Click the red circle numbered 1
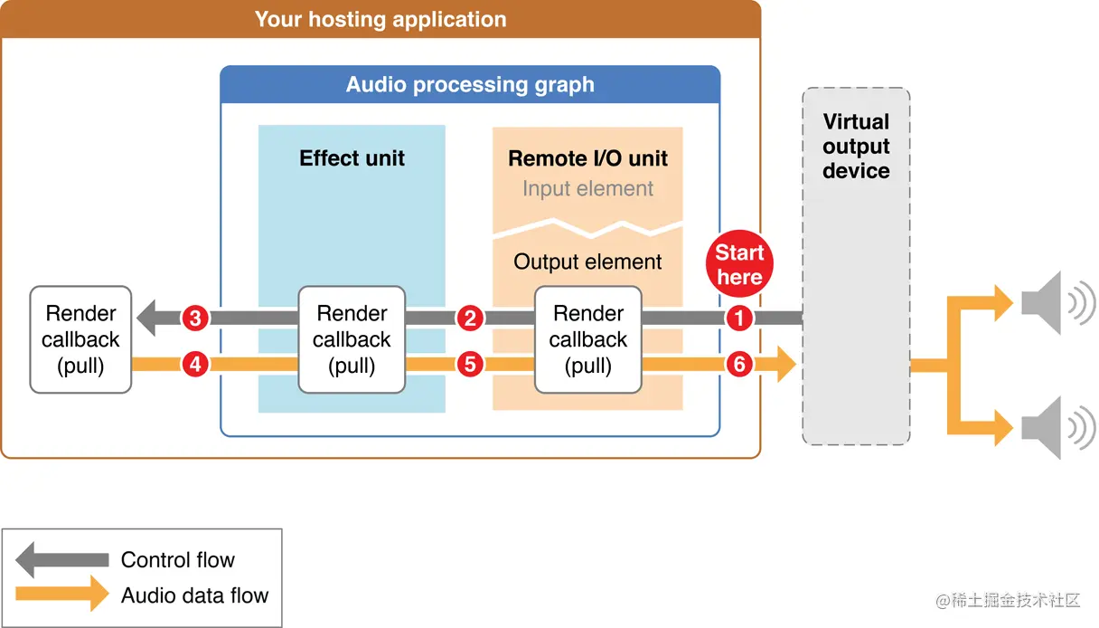[x=739, y=319]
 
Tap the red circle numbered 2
[x=469, y=319]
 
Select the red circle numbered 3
[x=195, y=319]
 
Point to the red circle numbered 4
[x=195, y=365]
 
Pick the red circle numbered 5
[x=469, y=365]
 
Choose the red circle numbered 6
[x=739, y=365]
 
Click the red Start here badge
[x=739, y=264]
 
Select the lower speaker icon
[x=1056, y=423]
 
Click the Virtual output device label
[x=856, y=147]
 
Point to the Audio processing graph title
[x=470, y=85]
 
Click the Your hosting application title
[x=380, y=19]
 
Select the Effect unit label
[x=352, y=158]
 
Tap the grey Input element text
[x=587, y=189]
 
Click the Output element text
[x=587, y=262]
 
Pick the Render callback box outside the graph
[x=80, y=339]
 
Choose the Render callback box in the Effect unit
[x=352, y=339]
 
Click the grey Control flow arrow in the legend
[x=61, y=559]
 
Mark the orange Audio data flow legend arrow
[x=61, y=595]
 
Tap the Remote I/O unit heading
[x=587, y=158]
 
